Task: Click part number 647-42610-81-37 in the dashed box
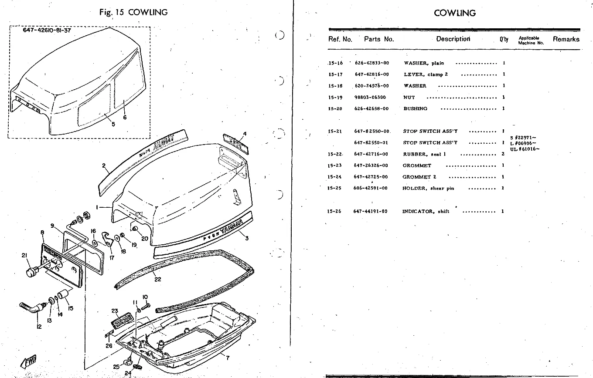coord(47,31)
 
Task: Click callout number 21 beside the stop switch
coord(24,256)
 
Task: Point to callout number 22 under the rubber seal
coord(158,280)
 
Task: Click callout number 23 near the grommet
coord(115,311)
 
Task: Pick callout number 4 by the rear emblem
coord(245,134)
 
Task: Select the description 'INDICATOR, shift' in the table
coord(426,212)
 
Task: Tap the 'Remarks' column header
coord(566,39)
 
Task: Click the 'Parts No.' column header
coord(379,39)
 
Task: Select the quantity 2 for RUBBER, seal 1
coord(503,154)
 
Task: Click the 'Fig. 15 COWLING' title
coord(133,12)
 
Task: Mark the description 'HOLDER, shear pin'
coord(428,188)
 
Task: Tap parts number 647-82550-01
coord(371,143)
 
